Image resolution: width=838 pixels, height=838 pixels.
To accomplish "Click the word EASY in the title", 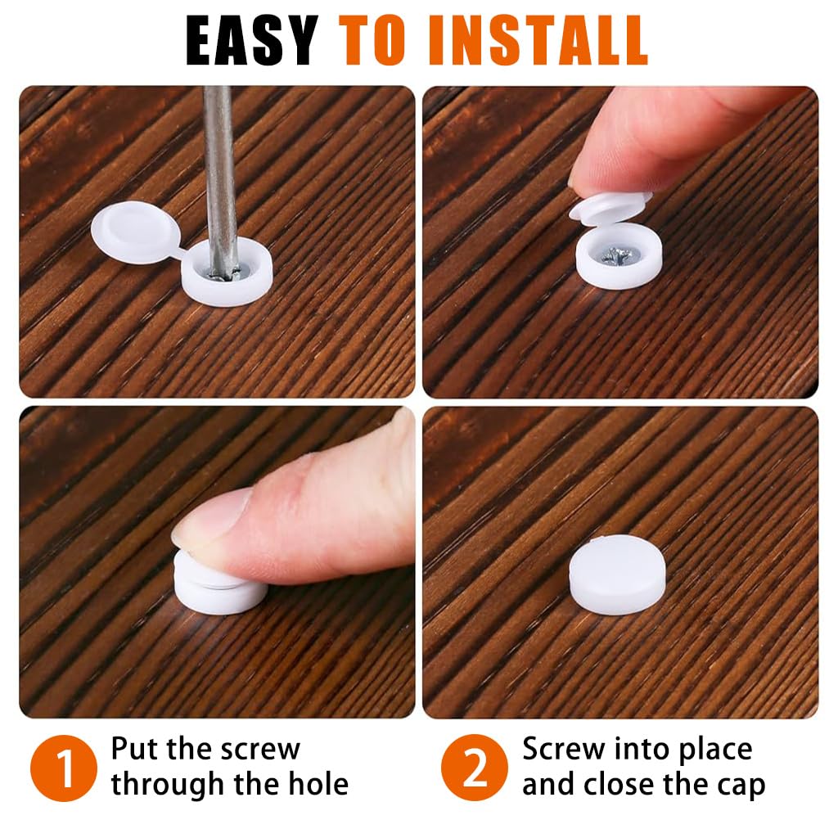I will pos(251,38).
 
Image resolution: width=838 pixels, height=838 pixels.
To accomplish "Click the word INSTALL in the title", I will pos(539,38).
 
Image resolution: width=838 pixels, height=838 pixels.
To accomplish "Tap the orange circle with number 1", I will pos(63,767).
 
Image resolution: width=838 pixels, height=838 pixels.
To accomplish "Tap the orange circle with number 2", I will pos(475,767).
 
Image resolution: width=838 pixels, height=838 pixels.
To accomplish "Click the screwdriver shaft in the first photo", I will pos(219,164).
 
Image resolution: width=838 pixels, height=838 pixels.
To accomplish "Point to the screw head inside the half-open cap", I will pos(616,256).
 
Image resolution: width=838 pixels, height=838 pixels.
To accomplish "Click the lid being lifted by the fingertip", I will pos(609,207).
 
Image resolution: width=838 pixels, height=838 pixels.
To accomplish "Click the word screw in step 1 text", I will pos(259,749).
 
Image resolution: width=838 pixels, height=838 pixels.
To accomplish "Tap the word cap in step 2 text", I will pos(737,784).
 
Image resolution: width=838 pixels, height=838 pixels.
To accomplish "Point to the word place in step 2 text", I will pos(710,749).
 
